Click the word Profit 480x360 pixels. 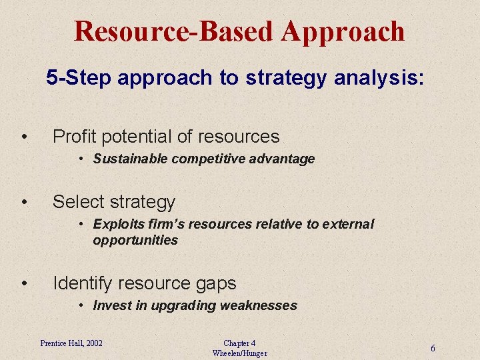[x=75, y=137]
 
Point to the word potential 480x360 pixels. [x=137, y=137]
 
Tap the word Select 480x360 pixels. [x=78, y=201]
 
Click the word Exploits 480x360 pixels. [x=117, y=224]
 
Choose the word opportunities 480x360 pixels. [x=135, y=240]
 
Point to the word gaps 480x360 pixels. [x=215, y=283]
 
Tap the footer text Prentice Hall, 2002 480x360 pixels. [x=71, y=343]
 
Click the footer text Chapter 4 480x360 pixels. [x=239, y=343]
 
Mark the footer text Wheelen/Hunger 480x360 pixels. [x=239, y=353]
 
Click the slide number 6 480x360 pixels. [x=433, y=348]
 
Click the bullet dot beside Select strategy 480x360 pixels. [x=24, y=201]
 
